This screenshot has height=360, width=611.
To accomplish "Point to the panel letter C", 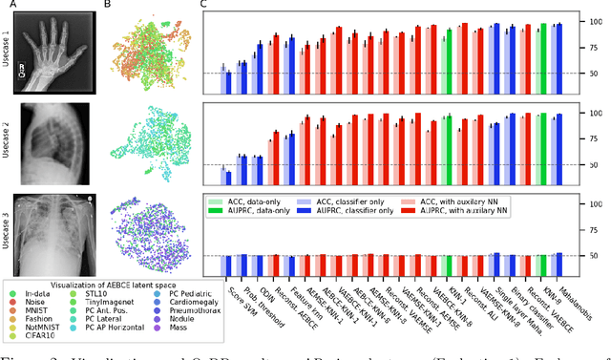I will tap(204, 6).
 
